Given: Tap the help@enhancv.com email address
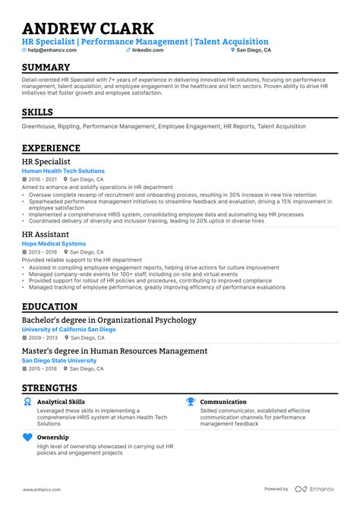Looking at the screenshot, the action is click(50, 50).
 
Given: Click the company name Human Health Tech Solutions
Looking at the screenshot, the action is click(63, 172).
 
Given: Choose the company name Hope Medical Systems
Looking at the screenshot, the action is click(54, 244).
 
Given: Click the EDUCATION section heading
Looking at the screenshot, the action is click(49, 307).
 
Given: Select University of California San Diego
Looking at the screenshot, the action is click(68, 330).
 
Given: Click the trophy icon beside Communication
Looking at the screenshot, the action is click(191, 402).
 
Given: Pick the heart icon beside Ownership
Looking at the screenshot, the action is click(28, 438).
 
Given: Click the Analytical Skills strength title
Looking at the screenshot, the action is click(61, 402).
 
